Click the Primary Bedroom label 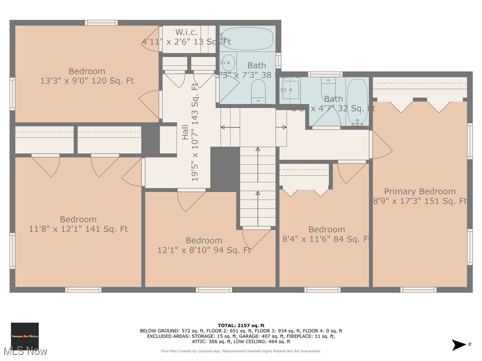click(419, 191)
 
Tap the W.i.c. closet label click(186, 32)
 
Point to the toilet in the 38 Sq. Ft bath click(258, 90)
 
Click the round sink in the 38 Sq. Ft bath click(229, 62)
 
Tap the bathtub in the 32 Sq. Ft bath click(357, 101)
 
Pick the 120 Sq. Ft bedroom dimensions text click(87, 81)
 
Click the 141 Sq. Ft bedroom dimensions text click(78, 229)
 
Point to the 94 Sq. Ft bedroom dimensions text click(204, 251)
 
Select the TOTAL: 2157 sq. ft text click(241, 325)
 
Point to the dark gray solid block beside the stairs click(225, 169)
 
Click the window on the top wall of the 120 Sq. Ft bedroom click(101, 23)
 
